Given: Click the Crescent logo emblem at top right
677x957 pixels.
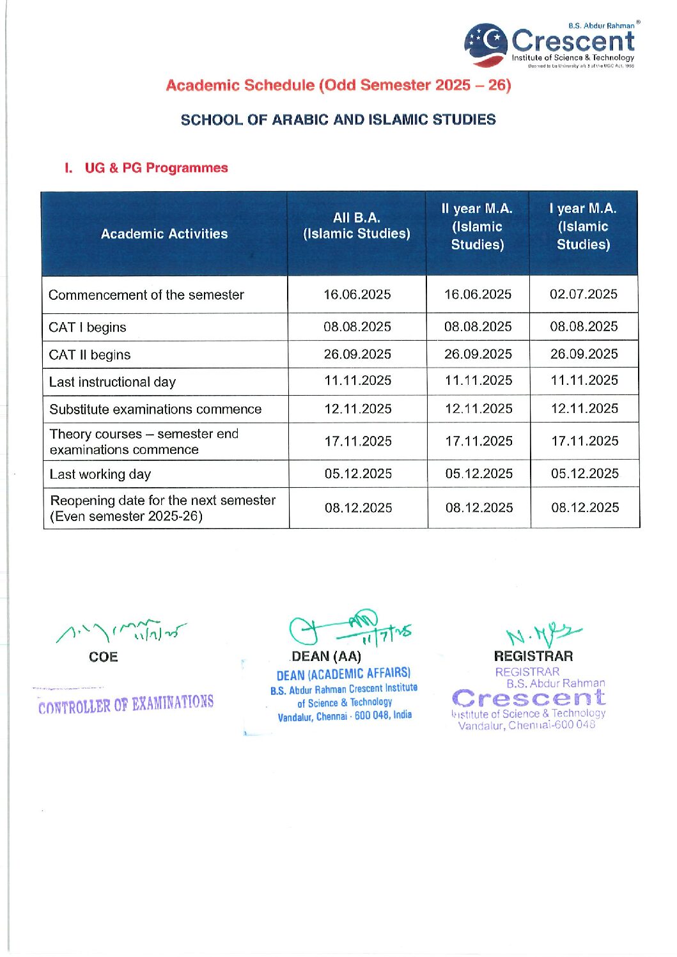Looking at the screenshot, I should pos(486,44).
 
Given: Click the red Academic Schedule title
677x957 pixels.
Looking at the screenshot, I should pos(338,85).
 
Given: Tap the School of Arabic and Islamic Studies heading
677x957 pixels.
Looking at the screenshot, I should pos(338,120).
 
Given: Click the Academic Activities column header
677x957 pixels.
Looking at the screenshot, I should pos(164,234).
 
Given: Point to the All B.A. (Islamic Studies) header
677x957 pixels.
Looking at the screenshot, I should pos(357,226).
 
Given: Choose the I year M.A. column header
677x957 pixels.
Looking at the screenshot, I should pos(583,226).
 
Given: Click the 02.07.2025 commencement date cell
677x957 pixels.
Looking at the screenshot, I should pos(584,294).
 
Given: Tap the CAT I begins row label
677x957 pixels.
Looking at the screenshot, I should pos(88,327).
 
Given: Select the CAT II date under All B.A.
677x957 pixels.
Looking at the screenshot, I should pos(357,354).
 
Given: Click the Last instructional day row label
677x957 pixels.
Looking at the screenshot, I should pos(113,382).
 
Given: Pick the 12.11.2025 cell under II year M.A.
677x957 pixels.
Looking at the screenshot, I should pos(479,408).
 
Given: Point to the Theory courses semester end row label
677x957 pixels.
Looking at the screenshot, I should pos(144,442).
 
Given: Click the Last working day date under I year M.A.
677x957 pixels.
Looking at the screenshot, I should pos(585,474).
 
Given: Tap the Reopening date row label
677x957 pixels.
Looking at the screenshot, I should pos(162,508).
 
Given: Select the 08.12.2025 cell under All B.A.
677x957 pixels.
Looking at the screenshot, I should pos(358,508).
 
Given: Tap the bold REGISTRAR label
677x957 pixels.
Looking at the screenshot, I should pos(533,656).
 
